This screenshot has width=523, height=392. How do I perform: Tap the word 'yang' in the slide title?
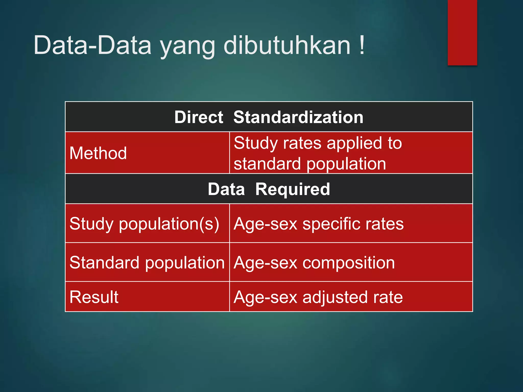click(188, 47)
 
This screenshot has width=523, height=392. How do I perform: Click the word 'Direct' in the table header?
click(199, 117)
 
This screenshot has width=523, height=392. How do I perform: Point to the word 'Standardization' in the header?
click(298, 117)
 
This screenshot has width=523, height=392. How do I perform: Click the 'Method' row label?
click(98, 153)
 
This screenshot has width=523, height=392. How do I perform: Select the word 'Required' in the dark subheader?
click(293, 189)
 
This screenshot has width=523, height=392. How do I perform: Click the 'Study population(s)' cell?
click(144, 224)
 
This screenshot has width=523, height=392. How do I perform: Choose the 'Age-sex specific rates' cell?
click(318, 224)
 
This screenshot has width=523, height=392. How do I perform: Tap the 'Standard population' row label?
click(147, 263)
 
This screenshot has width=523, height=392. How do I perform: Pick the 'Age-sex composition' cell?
click(314, 263)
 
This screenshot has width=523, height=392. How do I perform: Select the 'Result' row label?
click(94, 297)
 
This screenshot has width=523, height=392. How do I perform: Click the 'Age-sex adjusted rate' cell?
click(318, 297)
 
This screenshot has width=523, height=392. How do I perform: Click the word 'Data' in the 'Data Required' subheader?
click(226, 189)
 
